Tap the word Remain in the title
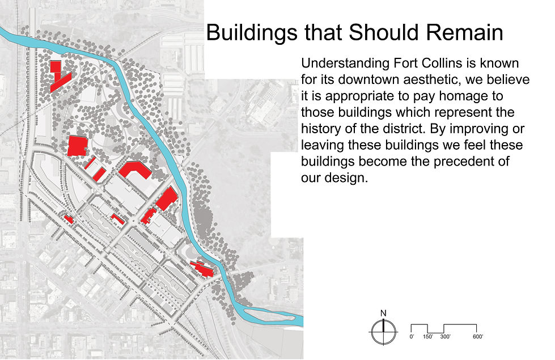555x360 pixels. click(x=464, y=32)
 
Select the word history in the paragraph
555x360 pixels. click(x=321, y=129)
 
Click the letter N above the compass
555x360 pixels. click(x=383, y=313)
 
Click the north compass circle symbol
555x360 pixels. click(x=383, y=332)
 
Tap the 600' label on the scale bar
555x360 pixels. click(x=478, y=337)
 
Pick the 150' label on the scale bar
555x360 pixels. click(x=428, y=337)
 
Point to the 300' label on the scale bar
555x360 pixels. click(x=445, y=337)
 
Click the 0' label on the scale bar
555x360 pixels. click(x=412, y=337)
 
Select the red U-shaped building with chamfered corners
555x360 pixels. click(x=136, y=170)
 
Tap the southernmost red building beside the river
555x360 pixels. click(x=203, y=269)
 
